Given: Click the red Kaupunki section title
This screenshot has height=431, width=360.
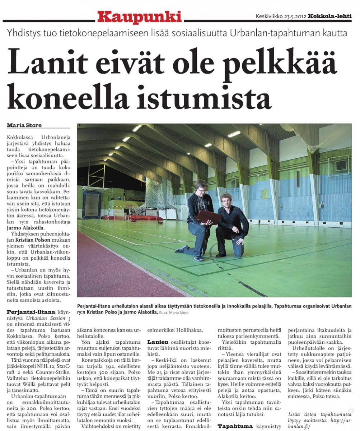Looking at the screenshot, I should (139, 17).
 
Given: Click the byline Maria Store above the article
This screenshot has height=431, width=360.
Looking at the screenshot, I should (24, 125).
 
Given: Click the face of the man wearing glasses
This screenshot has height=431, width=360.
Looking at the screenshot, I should (201, 187).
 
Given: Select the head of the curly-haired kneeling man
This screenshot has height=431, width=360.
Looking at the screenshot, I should (226, 199).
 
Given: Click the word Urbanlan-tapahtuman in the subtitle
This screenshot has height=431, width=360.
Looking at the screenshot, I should (263, 33).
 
